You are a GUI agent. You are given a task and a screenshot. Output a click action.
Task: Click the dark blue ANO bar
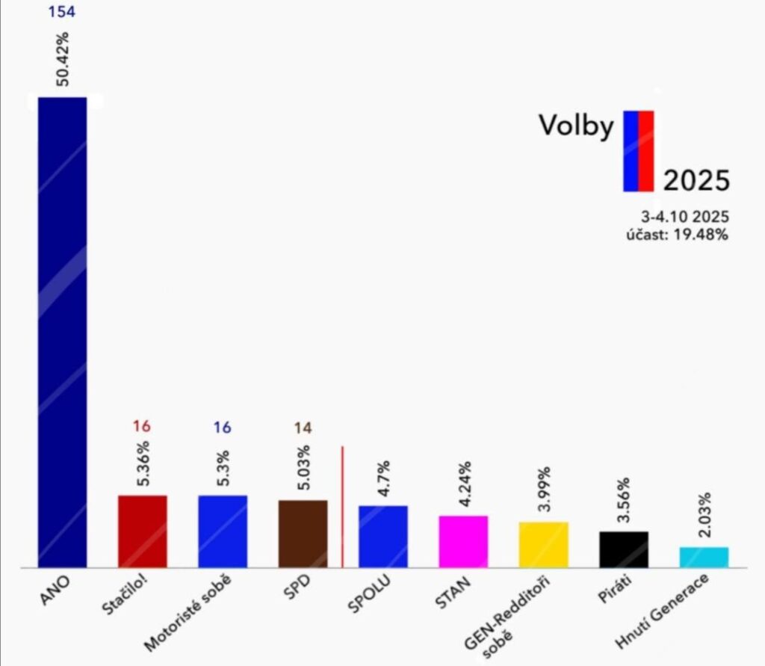(63, 332)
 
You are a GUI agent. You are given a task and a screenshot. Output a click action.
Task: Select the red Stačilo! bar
(143, 531)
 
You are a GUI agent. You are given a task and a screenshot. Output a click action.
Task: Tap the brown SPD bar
(303, 534)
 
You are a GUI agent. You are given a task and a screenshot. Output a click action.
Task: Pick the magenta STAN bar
(463, 541)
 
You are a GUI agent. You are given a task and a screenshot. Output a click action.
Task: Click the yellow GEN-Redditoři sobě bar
(544, 544)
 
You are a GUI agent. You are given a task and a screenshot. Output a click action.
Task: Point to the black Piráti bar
(624, 549)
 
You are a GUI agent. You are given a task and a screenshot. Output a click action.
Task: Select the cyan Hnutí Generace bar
(704, 557)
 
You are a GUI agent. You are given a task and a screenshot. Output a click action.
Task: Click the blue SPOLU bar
(383, 537)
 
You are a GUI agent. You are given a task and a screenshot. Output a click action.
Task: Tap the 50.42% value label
(62, 59)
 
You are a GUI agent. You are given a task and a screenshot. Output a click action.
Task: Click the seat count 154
(62, 11)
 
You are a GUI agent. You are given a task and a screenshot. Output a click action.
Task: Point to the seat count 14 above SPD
(303, 428)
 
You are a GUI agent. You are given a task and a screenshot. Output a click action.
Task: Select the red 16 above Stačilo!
(141, 426)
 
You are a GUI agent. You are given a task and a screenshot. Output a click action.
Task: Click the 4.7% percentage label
(383, 478)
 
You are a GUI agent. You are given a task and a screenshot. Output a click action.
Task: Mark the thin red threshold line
(342, 507)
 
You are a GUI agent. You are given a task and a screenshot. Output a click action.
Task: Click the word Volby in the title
(576, 126)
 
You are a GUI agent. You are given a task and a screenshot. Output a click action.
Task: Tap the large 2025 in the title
(696, 179)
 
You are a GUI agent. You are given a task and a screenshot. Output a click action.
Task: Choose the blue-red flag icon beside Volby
(639, 151)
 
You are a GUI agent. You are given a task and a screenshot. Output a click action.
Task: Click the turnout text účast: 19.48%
(677, 235)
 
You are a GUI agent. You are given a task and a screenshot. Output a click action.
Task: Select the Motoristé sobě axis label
(188, 614)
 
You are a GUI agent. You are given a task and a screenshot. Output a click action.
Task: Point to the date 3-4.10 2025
(685, 216)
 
